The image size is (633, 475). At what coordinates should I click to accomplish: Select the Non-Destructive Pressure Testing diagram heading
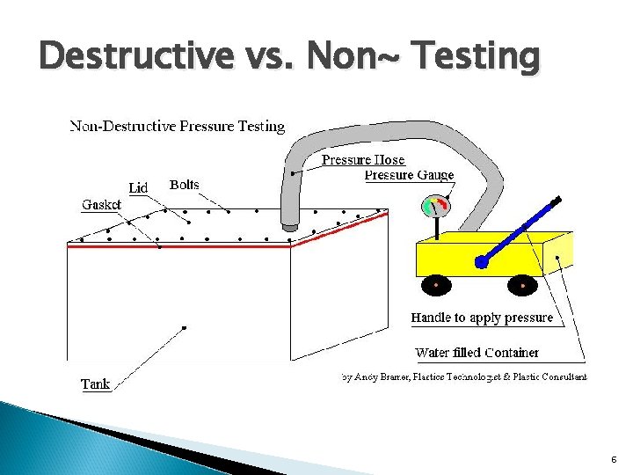click(x=178, y=126)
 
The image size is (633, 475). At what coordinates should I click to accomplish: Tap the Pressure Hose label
click(x=362, y=159)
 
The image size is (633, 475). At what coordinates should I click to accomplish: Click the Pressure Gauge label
click(x=409, y=175)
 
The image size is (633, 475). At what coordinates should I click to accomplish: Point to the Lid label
click(x=138, y=187)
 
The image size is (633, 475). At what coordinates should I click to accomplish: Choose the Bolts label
click(x=184, y=185)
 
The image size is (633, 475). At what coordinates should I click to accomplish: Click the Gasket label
click(x=101, y=204)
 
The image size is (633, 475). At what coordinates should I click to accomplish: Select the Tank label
click(x=95, y=384)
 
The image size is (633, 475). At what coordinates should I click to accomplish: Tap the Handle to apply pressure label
click(x=482, y=318)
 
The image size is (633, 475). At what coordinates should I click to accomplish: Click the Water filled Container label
click(x=477, y=353)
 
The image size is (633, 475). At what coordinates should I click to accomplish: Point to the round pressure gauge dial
click(x=435, y=207)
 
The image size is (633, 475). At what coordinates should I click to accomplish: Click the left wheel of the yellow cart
click(x=436, y=286)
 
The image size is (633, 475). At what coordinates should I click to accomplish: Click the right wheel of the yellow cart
click(x=522, y=286)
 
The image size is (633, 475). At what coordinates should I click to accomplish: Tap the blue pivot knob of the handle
click(x=481, y=262)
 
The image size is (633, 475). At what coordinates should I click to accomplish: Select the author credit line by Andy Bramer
click(x=463, y=376)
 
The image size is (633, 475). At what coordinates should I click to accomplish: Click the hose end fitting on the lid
click(x=289, y=228)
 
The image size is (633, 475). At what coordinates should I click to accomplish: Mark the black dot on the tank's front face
click(x=184, y=328)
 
